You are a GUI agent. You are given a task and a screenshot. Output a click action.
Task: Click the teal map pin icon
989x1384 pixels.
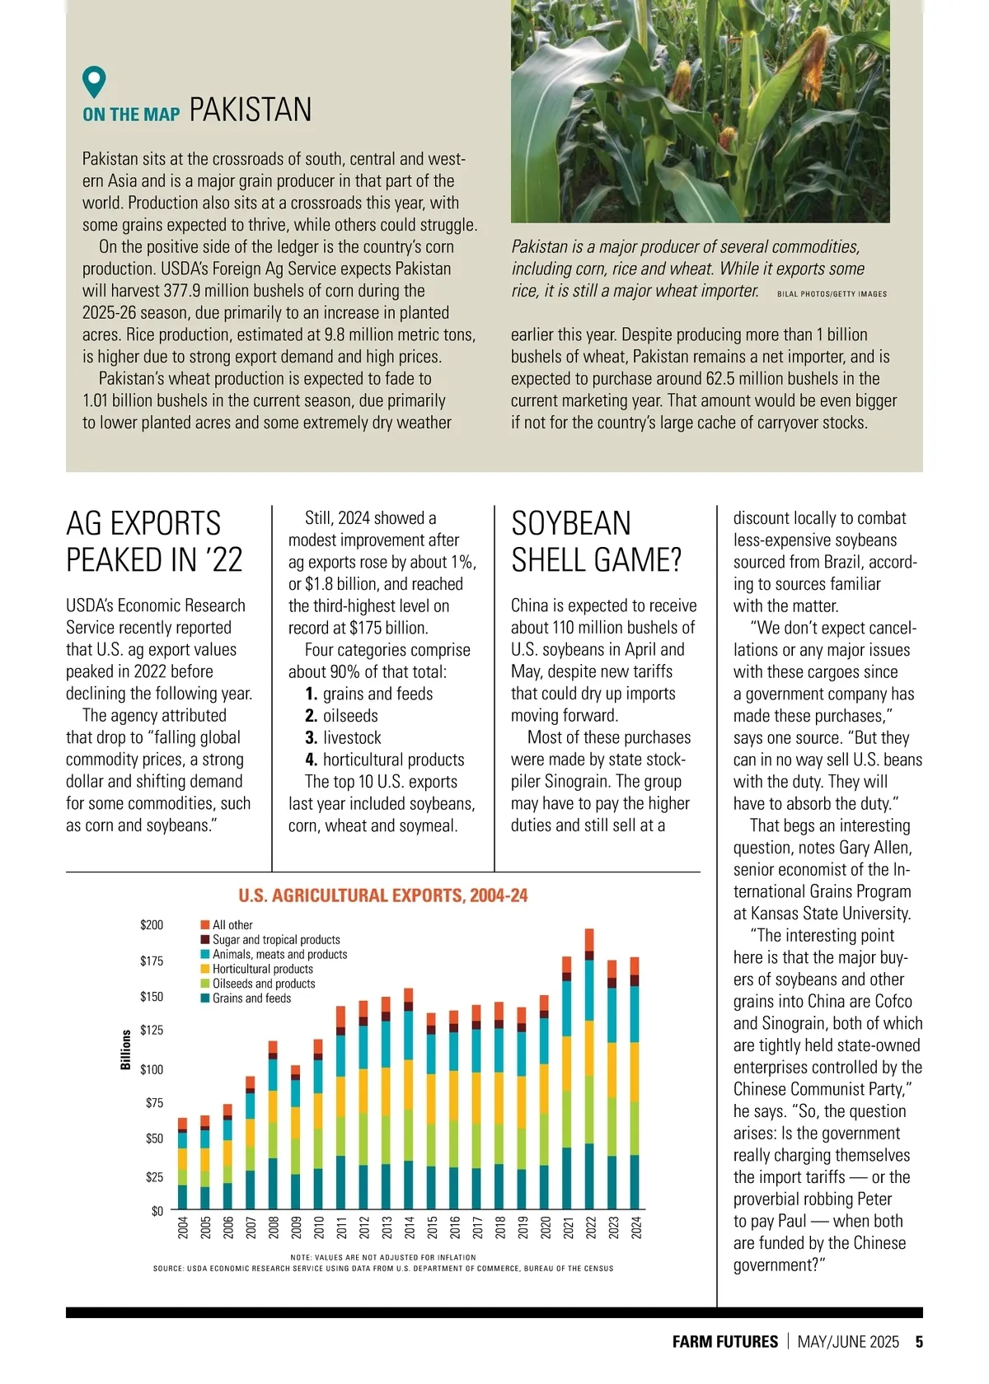(95, 81)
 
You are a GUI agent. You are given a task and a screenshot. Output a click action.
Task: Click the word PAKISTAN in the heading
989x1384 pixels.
(251, 110)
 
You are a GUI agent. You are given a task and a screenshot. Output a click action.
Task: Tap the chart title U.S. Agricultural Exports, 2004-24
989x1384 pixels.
(383, 895)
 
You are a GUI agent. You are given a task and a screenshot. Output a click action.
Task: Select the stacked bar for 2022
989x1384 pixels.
(589, 1071)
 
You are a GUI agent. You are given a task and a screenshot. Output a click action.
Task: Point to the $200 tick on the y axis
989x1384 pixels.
(152, 925)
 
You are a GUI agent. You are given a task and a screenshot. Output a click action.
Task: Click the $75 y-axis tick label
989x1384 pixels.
(154, 1103)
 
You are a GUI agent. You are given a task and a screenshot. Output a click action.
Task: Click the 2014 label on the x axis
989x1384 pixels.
(410, 1227)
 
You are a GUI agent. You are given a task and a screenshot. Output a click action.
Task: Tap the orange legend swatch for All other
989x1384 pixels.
(205, 925)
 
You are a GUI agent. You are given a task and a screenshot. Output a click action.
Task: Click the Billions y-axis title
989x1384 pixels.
(126, 1050)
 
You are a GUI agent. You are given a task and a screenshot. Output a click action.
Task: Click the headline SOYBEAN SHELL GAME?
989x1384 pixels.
(596, 541)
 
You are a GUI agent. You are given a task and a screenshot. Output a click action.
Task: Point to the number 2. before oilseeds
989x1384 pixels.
(312, 716)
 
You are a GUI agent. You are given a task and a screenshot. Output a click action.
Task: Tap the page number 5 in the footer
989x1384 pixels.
(918, 1342)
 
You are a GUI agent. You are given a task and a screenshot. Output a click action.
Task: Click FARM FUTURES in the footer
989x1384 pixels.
(724, 1342)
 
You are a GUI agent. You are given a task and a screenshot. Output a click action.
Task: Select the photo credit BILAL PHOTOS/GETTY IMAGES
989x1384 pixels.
(832, 294)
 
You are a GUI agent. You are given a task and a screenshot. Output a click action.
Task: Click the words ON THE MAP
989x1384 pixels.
(131, 115)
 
